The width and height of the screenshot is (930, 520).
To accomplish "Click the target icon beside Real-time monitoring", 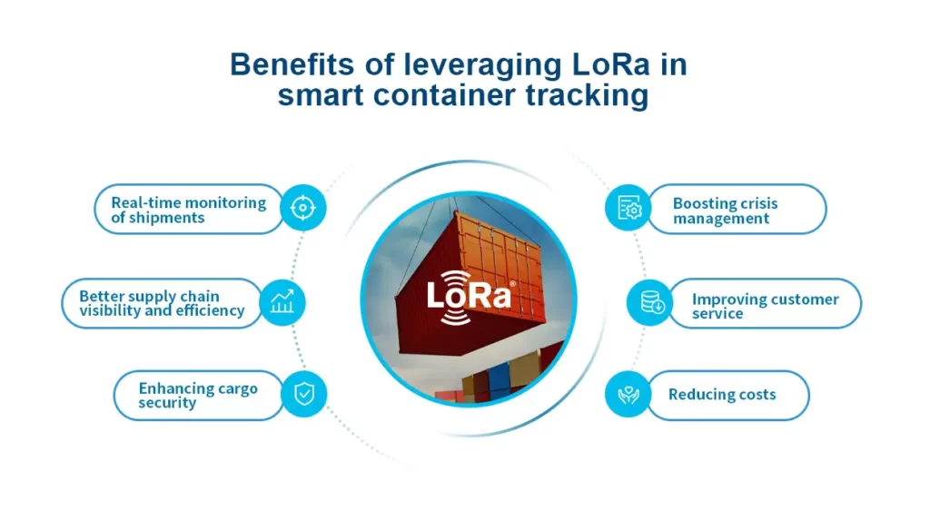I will click(302, 209).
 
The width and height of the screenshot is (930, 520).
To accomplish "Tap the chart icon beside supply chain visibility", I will click(282, 303).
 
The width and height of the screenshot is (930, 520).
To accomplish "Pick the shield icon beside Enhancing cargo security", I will click(303, 395).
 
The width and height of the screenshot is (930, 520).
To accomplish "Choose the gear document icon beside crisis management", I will click(628, 208).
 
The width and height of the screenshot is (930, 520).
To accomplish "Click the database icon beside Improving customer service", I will click(651, 303).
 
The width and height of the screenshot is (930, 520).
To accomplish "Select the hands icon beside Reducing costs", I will click(628, 395).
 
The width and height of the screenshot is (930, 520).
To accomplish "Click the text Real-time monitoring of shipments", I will click(188, 210).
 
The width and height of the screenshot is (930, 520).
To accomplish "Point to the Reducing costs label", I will click(722, 395).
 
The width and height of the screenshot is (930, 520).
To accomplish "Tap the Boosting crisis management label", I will click(725, 211).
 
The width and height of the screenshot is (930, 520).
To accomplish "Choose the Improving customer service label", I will click(765, 306).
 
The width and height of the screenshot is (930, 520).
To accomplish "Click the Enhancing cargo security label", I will click(198, 395).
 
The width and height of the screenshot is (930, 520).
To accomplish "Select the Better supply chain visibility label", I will click(162, 303).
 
